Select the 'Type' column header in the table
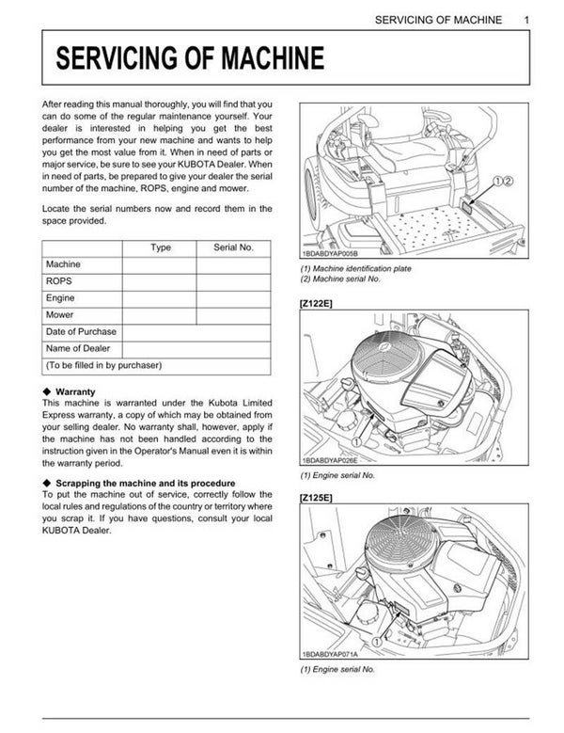click(161, 247)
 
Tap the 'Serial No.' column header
click(233, 247)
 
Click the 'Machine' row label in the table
click(63, 264)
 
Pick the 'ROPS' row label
click(58, 281)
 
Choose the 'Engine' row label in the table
click(60, 298)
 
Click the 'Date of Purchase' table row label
click(81, 331)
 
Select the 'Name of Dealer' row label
click(78, 348)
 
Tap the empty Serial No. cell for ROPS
click(233, 281)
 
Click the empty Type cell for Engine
click(161, 298)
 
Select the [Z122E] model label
click(317, 303)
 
